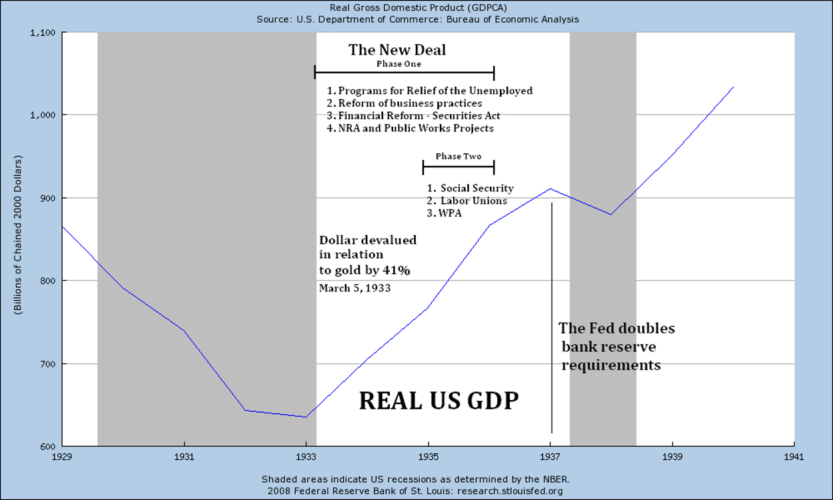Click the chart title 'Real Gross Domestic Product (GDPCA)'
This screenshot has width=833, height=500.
coord(417,8)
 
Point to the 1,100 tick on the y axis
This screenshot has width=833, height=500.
coord(43,33)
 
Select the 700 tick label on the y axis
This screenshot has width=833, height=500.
coord(49,364)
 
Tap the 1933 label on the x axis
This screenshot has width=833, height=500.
coord(306,457)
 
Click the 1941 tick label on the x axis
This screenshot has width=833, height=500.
coord(794,457)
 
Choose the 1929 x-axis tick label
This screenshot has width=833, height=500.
coord(62,457)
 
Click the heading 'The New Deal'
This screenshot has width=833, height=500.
coord(397,50)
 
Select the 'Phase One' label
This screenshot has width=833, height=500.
coord(399,64)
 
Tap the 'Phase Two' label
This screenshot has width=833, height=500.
coord(458,156)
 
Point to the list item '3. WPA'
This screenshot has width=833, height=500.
coord(444,213)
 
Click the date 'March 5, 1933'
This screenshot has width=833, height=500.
coord(355,289)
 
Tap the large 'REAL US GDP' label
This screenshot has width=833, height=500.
coord(439,401)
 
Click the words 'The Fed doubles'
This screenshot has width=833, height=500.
coord(616,329)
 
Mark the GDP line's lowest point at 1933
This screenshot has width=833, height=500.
coord(305,417)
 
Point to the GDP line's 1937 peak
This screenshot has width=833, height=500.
coord(550,189)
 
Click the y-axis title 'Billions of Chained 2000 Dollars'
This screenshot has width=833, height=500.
coord(19,235)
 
